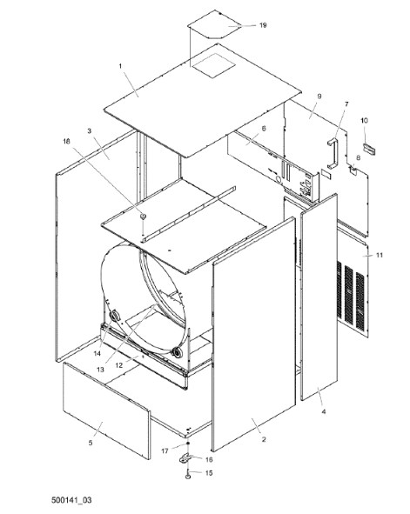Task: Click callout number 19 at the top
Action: (x=263, y=25)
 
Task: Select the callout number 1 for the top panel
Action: (x=120, y=66)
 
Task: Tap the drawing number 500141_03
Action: (x=71, y=500)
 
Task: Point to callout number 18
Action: (x=66, y=141)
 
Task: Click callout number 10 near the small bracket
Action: (x=365, y=121)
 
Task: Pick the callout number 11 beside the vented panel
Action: (x=380, y=255)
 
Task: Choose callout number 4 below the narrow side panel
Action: (x=324, y=411)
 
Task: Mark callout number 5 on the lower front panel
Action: (x=91, y=443)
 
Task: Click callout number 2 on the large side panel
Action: (x=264, y=439)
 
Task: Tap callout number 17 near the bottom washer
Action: (x=165, y=451)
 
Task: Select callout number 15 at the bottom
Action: (x=209, y=473)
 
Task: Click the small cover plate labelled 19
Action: (x=215, y=24)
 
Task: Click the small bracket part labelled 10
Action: (x=369, y=149)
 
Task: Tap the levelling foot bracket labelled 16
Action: (x=185, y=458)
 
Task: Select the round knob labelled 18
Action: (x=143, y=216)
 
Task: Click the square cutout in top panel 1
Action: (x=213, y=65)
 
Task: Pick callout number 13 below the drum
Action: (x=100, y=370)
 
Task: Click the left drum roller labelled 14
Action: (x=115, y=316)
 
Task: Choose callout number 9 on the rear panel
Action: (x=319, y=97)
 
